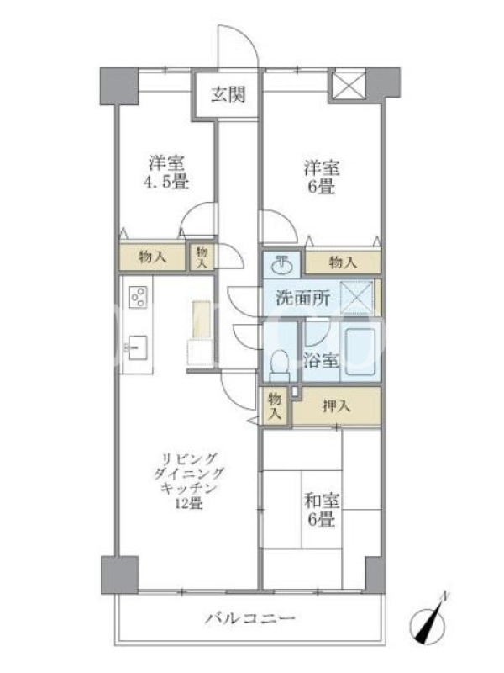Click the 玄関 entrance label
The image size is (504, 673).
tap(228, 94)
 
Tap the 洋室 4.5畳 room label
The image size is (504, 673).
tap(166, 173)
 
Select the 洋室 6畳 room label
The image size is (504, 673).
tap(322, 177)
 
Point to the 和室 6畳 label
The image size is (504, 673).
tap(322, 510)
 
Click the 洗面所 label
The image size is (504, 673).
tap(303, 298)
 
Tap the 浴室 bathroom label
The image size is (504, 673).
tap(322, 361)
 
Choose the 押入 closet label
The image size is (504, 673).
tap(337, 406)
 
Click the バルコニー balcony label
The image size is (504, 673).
tap(250, 618)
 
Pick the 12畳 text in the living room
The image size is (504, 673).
tap(189, 503)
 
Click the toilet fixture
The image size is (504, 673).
tap(280, 365)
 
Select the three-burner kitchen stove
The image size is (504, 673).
tap(139, 297)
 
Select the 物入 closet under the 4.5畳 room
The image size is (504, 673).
tap(153, 257)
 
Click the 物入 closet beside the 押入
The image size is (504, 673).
tap(275, 407)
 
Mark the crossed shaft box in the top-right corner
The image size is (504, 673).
tap(349, 86)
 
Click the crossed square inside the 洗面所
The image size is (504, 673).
tap(356, 297)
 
